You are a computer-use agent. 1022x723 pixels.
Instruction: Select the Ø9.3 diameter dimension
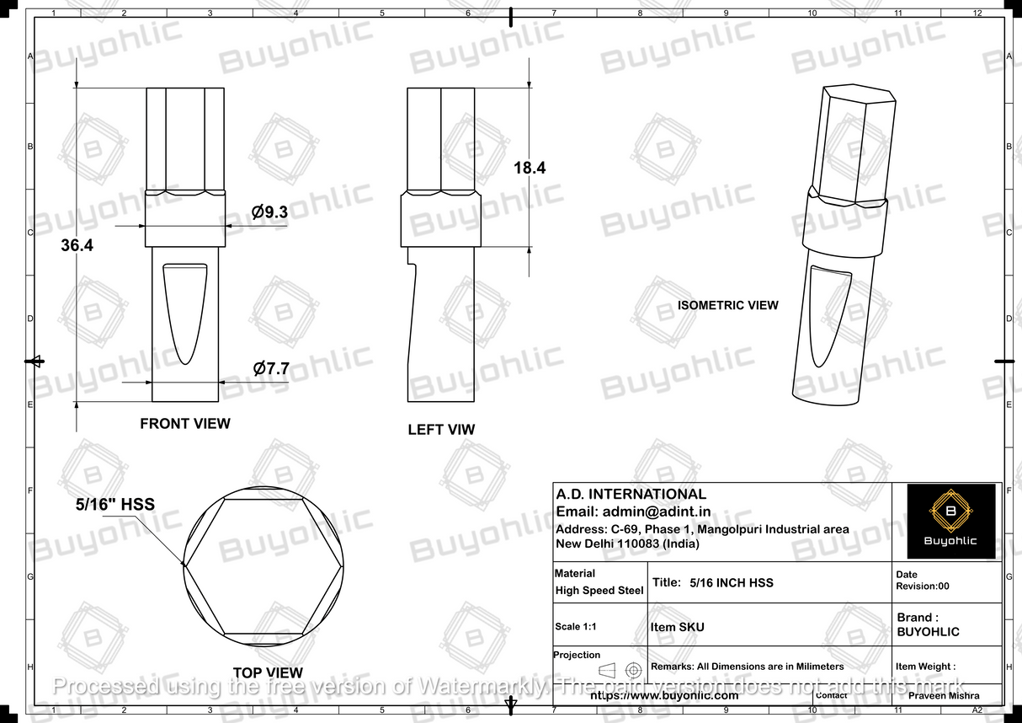coord(269,212)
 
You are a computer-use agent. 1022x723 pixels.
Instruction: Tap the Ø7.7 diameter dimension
coord(271,368)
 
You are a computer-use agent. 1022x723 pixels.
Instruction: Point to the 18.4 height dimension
coord(530,168)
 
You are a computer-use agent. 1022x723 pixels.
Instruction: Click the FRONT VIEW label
coord(184,423)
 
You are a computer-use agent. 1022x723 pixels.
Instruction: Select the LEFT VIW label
coord(441,430)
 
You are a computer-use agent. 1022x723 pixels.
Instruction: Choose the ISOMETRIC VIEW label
coord(728,305)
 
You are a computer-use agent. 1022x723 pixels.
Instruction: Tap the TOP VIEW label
coord(268,672)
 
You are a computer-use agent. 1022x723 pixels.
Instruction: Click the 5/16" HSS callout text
coord(115,504)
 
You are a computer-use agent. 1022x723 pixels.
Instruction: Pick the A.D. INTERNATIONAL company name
coord(631,495)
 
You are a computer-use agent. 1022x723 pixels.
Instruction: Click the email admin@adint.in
coord(633,511)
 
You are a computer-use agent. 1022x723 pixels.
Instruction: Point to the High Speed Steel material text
coord(599,591)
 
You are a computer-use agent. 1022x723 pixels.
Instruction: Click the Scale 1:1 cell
coord(579,627)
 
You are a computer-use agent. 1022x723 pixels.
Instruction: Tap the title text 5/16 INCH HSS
coord(731,582)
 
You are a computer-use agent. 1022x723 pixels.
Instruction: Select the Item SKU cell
coord(677,627)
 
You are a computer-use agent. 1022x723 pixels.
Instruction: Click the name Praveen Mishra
coord(944,696)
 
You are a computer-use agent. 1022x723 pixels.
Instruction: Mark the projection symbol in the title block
coord(620,671)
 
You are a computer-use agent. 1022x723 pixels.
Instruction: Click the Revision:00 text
coord(922,586)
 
